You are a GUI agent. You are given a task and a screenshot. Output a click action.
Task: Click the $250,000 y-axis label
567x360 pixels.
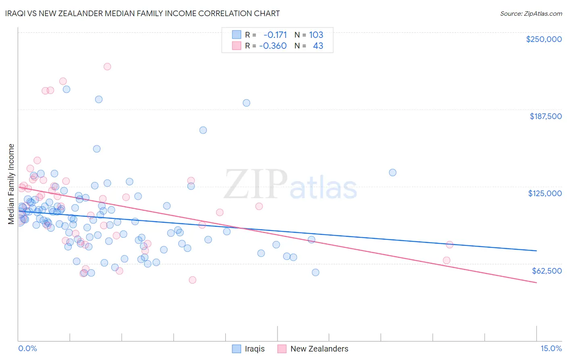544,39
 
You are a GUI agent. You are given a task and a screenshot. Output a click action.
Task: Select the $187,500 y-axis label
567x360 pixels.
545,116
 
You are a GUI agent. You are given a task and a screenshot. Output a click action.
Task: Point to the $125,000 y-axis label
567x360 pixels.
545,193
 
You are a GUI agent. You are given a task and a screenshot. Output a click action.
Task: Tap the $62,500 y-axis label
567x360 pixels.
546,271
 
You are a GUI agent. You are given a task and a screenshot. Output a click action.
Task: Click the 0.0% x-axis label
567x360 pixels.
27,348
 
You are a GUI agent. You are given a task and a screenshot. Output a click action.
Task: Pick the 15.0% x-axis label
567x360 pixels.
551,348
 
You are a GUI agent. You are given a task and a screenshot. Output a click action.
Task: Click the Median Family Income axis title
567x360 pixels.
11,184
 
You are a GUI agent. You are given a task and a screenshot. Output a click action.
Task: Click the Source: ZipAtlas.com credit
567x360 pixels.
531,13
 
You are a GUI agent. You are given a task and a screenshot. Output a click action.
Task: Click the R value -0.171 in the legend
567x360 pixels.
275,35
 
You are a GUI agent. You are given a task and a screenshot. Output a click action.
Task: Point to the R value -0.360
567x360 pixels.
273,46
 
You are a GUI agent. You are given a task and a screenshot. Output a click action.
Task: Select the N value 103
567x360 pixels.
316,35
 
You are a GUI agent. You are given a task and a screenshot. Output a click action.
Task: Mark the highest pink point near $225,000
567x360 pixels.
107,67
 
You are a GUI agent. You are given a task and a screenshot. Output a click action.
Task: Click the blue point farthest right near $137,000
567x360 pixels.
392,172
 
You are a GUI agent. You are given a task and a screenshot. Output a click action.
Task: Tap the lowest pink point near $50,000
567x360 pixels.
192,280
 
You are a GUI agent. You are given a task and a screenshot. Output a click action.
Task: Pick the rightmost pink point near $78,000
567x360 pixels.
449,245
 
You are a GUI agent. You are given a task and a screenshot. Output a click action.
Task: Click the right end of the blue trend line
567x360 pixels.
536,251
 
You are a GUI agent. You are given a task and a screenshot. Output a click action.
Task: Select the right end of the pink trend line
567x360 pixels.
536,283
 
